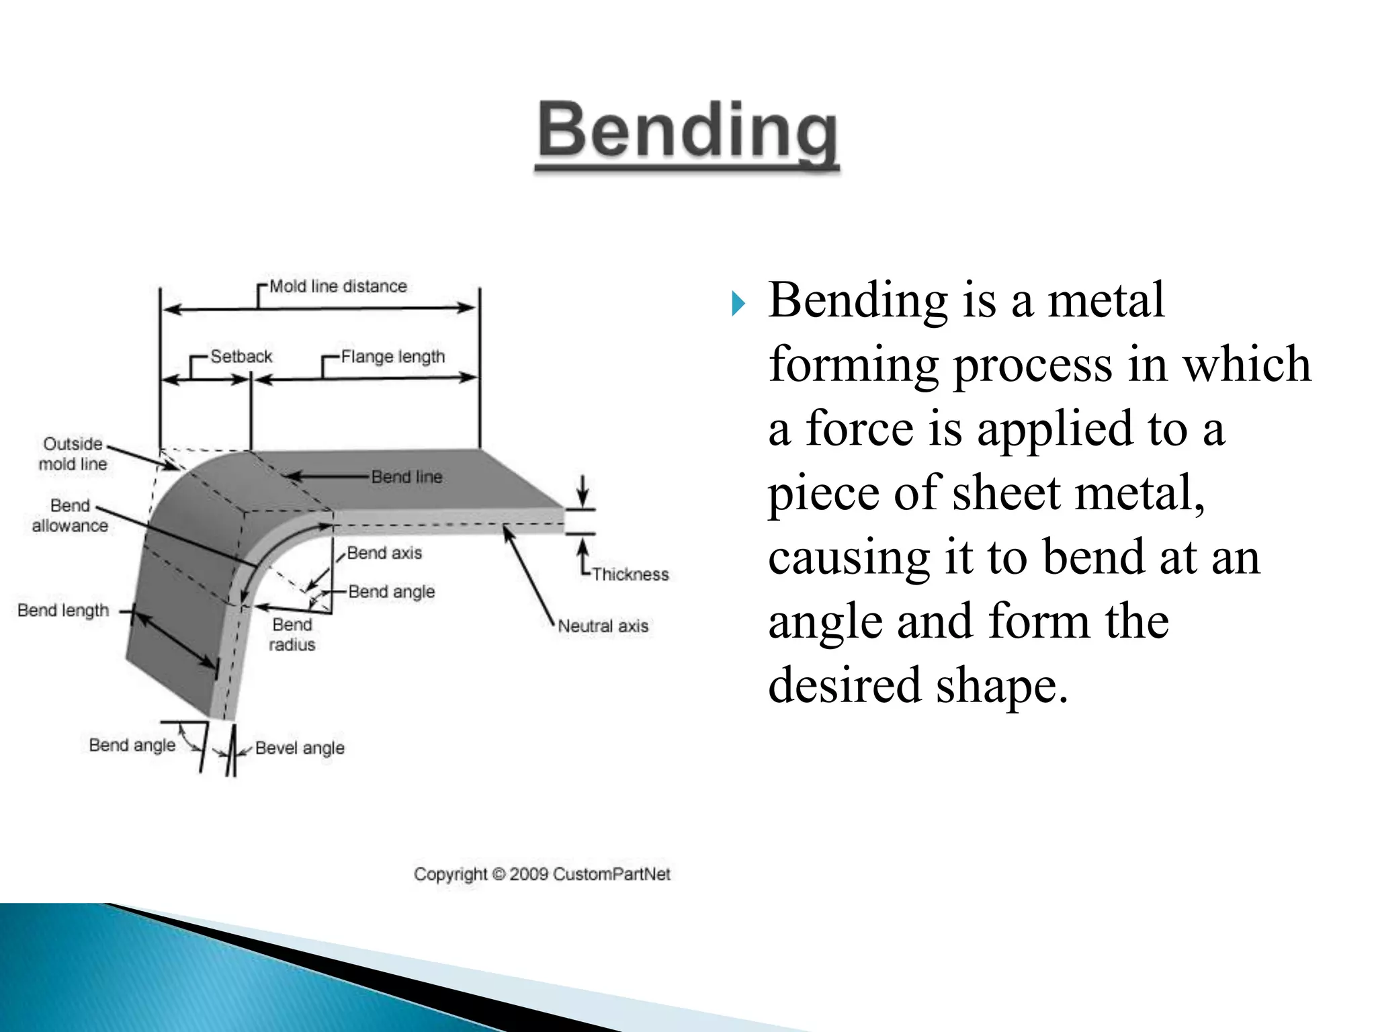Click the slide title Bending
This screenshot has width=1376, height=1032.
687,130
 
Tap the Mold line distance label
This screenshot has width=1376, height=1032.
338,286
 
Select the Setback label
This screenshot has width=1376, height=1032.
241,356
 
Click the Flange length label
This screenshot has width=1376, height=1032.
392,357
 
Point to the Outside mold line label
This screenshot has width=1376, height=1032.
73,454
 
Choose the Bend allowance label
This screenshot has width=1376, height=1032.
70,515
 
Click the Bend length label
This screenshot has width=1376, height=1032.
63,610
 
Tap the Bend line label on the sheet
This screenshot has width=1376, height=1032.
406,477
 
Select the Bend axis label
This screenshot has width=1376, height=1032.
384,553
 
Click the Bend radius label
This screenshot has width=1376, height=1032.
292,634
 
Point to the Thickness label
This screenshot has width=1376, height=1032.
630,574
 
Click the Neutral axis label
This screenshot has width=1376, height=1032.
603,626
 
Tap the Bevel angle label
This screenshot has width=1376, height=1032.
300,748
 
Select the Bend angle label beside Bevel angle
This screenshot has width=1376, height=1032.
132,745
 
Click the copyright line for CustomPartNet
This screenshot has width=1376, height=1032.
542,874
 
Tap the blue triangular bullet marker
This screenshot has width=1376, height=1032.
738,304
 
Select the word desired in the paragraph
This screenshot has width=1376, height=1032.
844,685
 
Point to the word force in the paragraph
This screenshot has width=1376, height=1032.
859,429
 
